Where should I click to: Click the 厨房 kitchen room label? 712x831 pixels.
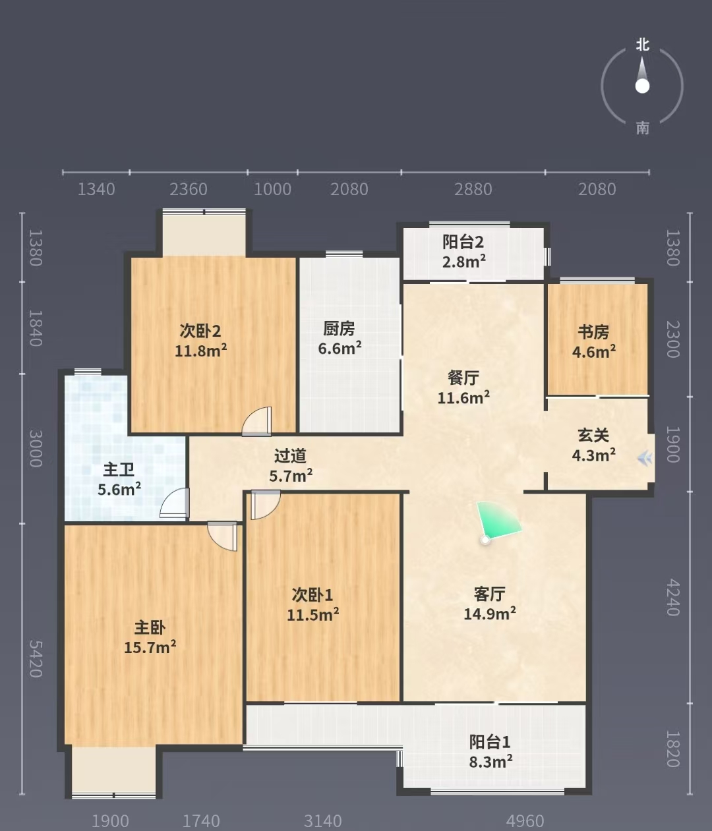point(339,329)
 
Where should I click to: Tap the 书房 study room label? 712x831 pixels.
point(593,332)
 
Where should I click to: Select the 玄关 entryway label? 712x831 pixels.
point(593,436)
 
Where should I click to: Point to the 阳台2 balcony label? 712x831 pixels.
point(463,242)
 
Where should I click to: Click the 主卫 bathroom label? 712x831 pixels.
point(119,470)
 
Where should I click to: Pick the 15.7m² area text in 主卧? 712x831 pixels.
point(150,648)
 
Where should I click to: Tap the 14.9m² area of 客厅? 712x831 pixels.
point(490,614)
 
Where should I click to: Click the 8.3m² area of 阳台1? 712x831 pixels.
point(490,762)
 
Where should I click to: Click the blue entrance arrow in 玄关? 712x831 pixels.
point(645,458)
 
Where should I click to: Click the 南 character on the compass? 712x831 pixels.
point(642,129)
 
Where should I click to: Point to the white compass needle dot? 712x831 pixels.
point(642,86)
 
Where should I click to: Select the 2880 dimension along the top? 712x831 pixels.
point(473,189)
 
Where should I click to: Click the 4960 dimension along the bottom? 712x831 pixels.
point(525,821)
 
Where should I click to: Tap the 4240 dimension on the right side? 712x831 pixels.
point(673,598)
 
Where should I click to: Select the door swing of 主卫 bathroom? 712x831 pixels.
point(175,503)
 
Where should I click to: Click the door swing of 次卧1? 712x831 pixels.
point(265,505)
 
